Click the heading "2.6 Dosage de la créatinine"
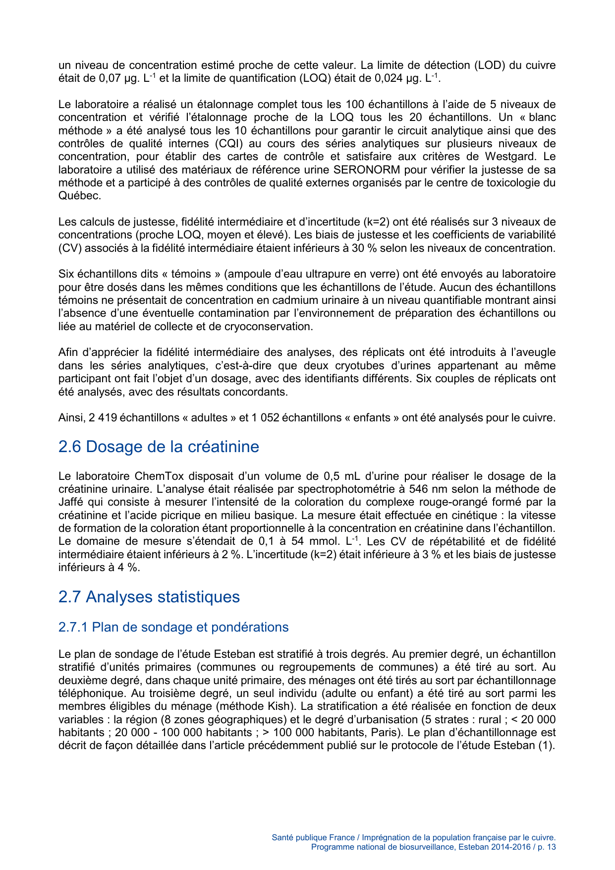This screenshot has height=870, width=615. click(x=159, y=447)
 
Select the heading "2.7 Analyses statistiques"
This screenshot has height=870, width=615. click(x=149, y=597)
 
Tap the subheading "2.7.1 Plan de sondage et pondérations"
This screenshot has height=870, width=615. click(x=173, y=627)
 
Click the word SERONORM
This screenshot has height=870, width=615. click(x=366, y=170)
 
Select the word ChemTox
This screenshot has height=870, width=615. click(x=159, y=476)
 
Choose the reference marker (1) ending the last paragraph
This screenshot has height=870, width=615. click(x=547, y=746)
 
